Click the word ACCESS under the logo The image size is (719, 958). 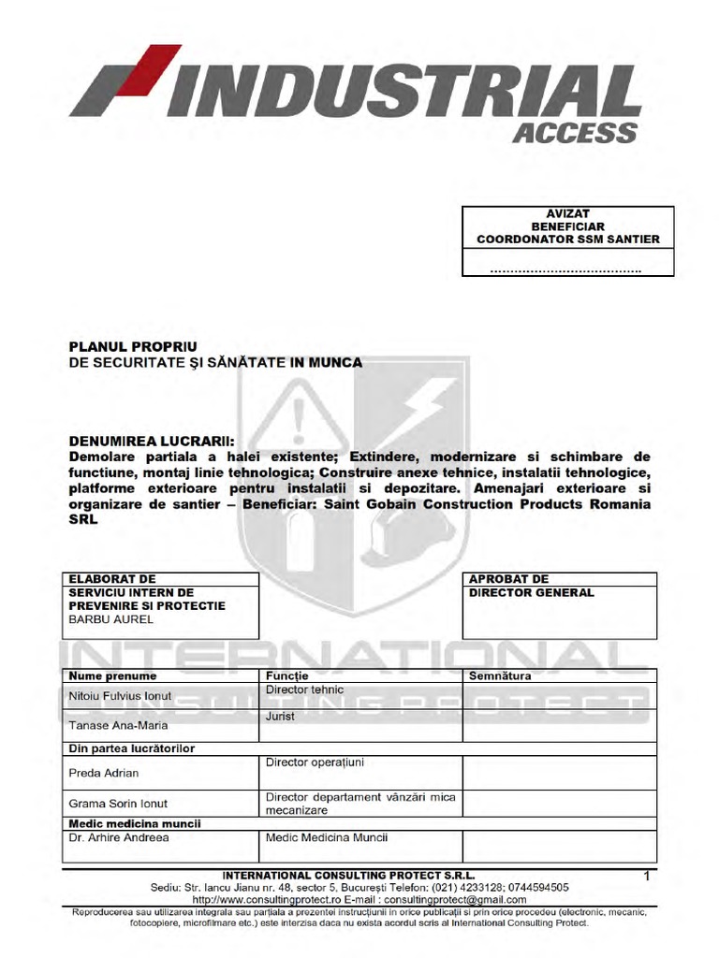(575, 133)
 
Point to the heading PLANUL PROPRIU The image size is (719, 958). (134, 346)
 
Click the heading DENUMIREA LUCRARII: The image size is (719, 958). (154, 441)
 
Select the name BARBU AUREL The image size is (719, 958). (110, 619)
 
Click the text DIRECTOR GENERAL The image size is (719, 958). (531, 593)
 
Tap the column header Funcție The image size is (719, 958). (286, 675)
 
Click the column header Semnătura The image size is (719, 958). (500, 675)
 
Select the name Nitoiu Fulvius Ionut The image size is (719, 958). (121, 697)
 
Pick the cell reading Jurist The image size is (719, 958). (281, 716)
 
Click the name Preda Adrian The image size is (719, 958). (104, 773)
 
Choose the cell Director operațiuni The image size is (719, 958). (315, 762)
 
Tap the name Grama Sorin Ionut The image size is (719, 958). (118, 804)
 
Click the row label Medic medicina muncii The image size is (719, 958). (133, 823)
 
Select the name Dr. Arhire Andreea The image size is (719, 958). (119, 838)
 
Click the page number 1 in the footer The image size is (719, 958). (646, 876)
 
